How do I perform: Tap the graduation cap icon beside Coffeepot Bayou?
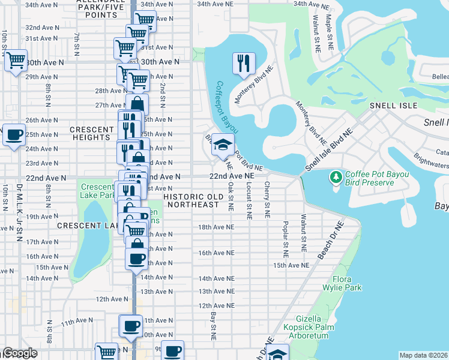pyautogui.click(x=222, y=145)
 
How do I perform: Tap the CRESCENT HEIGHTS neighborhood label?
pyautogui.click(x=91, y=133)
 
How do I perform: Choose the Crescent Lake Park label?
pyautogui.click(x=98, y=191)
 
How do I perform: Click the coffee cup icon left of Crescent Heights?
pyautogui.click(x=14, y=134)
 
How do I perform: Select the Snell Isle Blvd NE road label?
pyautogui.click(x=328, y=149)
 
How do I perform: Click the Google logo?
pyautogui.click(x=20, y=353)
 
